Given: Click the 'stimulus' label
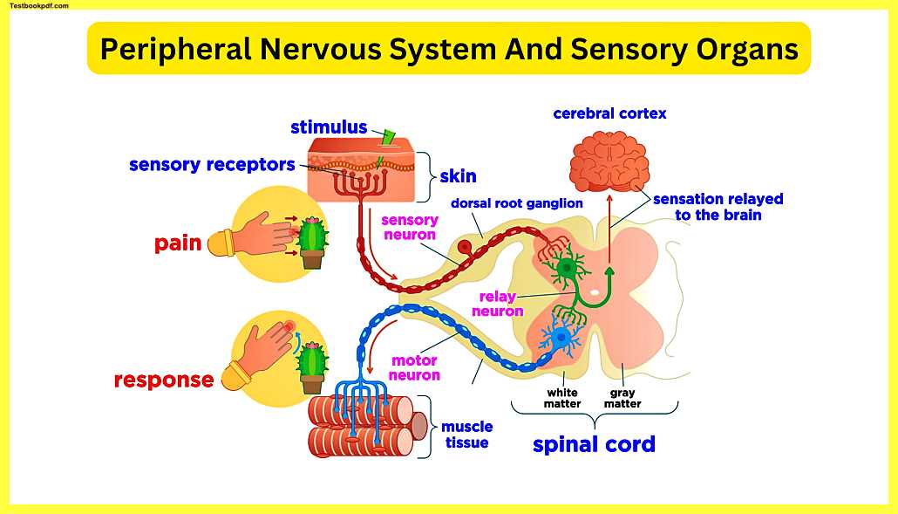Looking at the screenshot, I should pos(329,128).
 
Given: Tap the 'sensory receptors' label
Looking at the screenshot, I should pos(212,165).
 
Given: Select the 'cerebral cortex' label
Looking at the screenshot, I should pos(609,113).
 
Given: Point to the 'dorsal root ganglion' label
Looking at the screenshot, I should pos(517,203).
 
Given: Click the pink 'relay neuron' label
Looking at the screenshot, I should pos(498,304).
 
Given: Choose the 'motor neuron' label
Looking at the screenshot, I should pos(414,367).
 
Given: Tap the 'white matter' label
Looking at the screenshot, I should pos(562,398).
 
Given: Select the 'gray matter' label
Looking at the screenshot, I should pos(622,398).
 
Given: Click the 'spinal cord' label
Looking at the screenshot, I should pos(594,444).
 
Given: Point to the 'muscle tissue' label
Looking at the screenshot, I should pos(466,435).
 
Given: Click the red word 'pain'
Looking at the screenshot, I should pos(178,243).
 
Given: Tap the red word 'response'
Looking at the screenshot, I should pos(164,380).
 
